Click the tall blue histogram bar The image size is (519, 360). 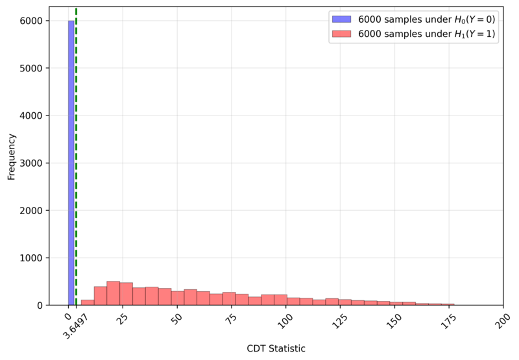[71, 162]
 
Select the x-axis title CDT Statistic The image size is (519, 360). [276, 349]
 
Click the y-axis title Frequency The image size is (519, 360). [11, 156]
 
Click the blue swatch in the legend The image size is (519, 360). [341, 19]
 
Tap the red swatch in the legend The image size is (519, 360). [341, 34]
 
